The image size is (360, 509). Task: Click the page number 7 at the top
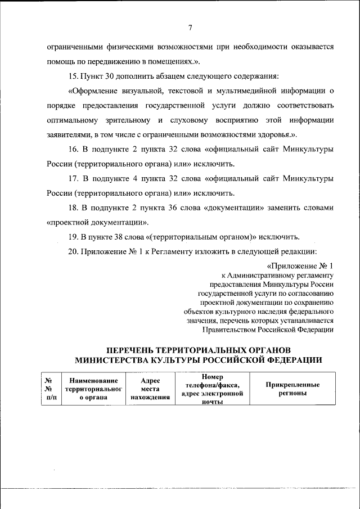tap(191, 28)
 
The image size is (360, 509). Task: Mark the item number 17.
tap(73, 178)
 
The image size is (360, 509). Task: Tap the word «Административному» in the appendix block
tap(262, 276)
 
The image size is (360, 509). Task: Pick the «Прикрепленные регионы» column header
tap(292, 389)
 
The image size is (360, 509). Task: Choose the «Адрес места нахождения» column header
tap(150, 389)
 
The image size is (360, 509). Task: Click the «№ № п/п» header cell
tap(49, 389)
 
